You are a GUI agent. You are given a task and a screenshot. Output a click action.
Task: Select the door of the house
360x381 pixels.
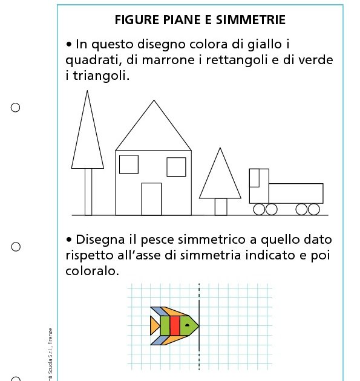point(151,199)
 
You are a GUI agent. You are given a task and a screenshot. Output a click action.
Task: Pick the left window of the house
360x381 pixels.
point(129,164)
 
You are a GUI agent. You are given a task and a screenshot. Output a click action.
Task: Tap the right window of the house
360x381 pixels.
point(176,167)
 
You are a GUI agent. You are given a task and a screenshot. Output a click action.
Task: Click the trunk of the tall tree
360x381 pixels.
point(88,192)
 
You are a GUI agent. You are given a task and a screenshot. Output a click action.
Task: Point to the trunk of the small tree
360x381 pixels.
point(221,207)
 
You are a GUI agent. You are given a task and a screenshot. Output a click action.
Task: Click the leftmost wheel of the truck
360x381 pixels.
point(259,209)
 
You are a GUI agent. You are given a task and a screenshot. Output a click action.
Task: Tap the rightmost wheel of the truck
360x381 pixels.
point(313,209)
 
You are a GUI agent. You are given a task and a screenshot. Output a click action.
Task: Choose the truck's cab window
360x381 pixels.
point(254,178)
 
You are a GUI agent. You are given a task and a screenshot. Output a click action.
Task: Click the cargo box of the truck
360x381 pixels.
point(295,193)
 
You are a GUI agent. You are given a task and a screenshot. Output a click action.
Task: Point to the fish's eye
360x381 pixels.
point(188,325)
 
